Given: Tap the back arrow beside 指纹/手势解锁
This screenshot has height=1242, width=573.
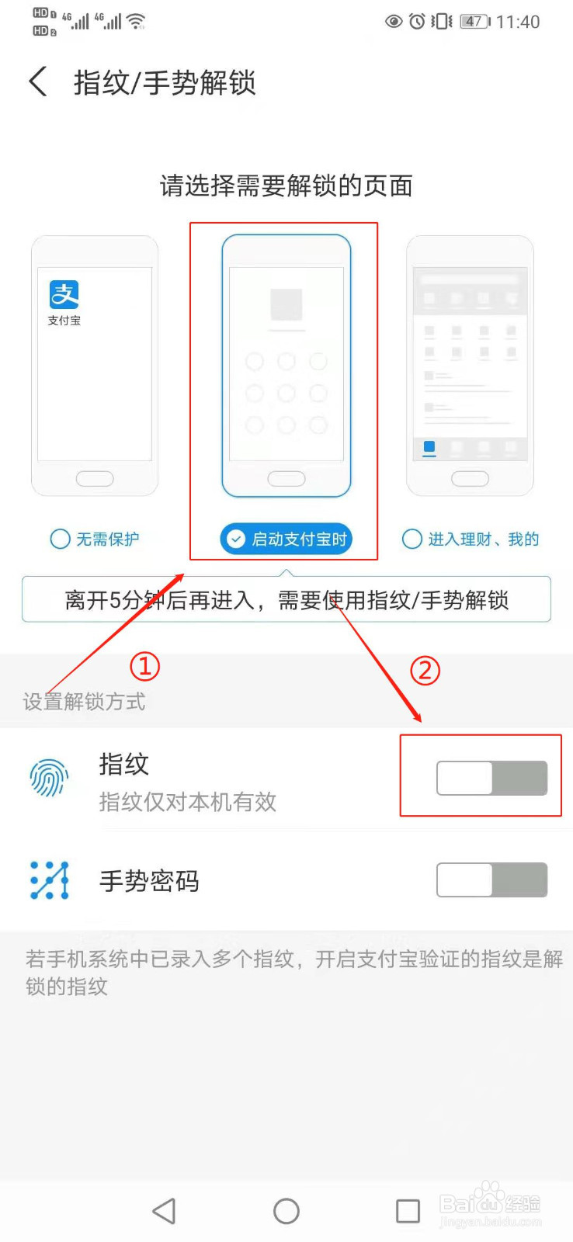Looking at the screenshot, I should click(37, 82).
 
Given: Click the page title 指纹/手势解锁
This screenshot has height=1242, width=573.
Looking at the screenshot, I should click(165, 82).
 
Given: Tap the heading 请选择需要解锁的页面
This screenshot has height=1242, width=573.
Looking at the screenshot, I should click(286, 186).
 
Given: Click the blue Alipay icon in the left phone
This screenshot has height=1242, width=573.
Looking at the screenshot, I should click(64, 294).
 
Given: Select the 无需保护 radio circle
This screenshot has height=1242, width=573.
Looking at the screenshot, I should click(60, 539).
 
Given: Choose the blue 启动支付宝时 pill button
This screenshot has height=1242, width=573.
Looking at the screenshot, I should click(286, 539).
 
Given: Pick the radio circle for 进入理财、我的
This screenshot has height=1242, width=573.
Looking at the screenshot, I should click(412, 539).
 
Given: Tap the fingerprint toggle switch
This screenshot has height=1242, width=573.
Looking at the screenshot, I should click(491, 778).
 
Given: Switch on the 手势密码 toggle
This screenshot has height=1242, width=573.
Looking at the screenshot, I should click(491, 879).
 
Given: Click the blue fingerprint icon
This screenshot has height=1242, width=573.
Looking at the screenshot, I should click(49, 777).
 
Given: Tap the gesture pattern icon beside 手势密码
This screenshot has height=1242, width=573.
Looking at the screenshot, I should click(49, 880).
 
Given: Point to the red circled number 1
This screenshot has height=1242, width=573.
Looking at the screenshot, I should click(144, 666).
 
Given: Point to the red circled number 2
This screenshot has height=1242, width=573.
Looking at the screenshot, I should click(425, 670).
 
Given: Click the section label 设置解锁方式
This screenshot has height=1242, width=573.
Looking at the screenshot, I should click(84, 702).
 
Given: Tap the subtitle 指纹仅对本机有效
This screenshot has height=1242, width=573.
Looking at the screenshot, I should click(188, 802).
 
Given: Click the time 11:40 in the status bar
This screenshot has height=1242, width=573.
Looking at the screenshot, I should click(518, 22).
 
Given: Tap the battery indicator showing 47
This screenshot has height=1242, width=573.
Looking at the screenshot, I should click(474, 22).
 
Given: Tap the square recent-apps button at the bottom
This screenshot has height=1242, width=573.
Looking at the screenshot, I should click(408, 1211).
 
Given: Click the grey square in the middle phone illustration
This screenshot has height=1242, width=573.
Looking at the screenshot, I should click(286, 304).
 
